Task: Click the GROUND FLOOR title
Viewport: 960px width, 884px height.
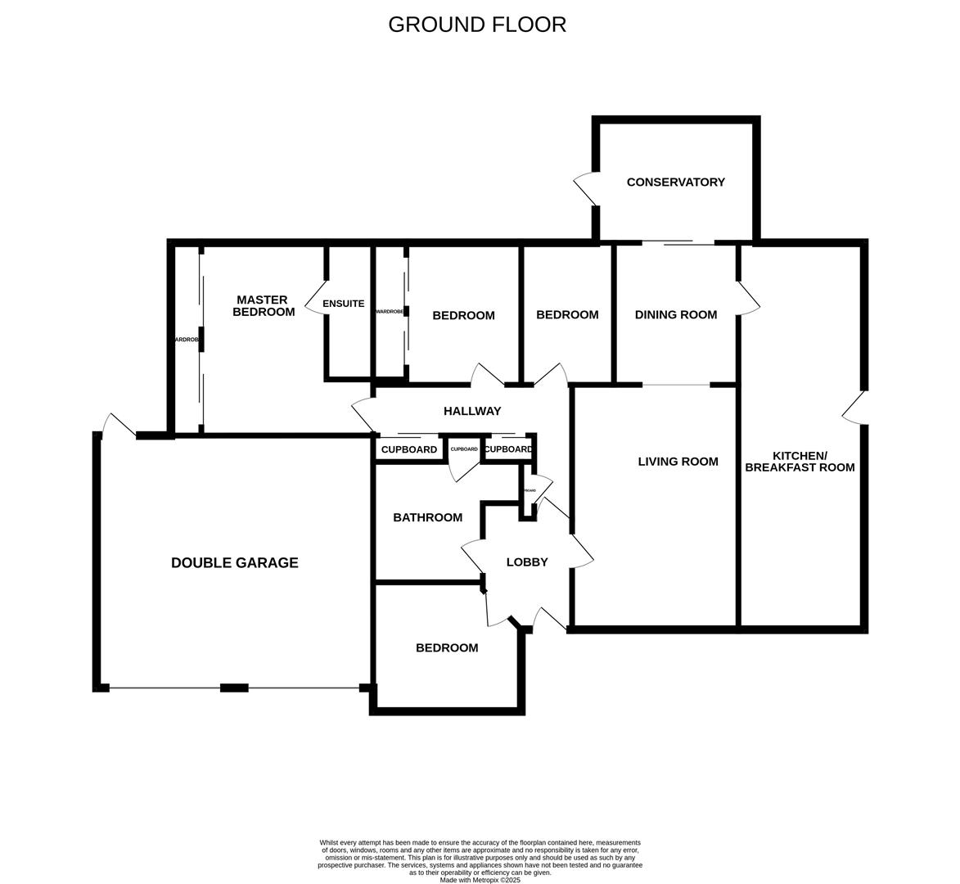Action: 477,25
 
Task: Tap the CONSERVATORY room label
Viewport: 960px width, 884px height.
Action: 675,183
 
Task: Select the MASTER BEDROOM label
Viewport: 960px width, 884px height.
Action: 263,306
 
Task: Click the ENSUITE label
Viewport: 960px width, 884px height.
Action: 344,304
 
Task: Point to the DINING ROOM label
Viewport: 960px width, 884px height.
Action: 675,315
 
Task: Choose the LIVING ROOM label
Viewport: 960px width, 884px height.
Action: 678,462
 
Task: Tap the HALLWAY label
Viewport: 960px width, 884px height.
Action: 471,411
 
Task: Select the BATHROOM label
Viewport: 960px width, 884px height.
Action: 427,517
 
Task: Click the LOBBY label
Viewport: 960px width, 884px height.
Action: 526,562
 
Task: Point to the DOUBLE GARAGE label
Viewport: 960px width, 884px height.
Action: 234,563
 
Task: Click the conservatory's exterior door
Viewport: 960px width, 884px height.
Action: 586,189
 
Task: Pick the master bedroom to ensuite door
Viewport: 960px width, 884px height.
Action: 316,299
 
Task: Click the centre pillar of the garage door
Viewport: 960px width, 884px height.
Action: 234,688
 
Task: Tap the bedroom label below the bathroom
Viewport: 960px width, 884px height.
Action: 447,648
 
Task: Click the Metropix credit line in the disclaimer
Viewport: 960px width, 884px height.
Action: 480,880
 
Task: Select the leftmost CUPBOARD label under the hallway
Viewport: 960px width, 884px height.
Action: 409,450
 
